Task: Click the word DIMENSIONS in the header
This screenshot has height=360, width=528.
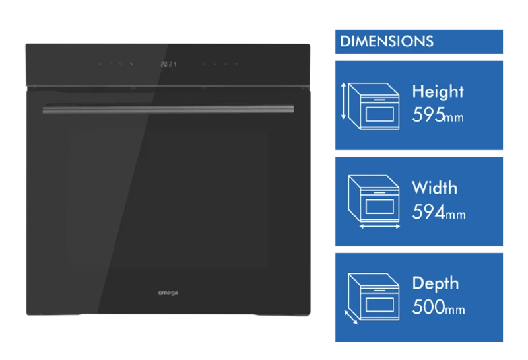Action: click(x=387, y=41)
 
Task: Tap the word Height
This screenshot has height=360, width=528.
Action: click(x=438, y=92)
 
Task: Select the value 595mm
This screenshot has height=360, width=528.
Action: click(x=438, y=115)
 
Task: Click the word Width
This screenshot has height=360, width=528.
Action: click(x=434, y=188)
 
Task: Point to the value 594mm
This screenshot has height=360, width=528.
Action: click(x=439, y=212)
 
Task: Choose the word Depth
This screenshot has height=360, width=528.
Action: click(x=436, y=284)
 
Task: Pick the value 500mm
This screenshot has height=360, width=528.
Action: click(x=438, y=306)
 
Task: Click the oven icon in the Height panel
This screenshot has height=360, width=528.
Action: click(x=374, y=106)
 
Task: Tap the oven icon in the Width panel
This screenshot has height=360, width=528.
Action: click(x=374, y=198)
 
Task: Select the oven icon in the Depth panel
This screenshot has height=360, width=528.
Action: click(x=374, y=297)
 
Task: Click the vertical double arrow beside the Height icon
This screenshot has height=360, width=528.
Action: click(x=343, y=101)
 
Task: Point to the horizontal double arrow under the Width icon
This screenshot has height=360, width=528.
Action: click(x=379, y=227)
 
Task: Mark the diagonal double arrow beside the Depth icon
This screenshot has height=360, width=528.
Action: click(x=351, y=318)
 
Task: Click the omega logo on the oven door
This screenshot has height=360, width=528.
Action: click(x=168, y=293)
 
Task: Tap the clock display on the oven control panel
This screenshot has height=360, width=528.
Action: click(x=168, y=64)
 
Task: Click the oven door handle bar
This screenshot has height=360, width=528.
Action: click(x=168, y=109)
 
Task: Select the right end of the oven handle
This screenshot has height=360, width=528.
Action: click(x=293, y=109)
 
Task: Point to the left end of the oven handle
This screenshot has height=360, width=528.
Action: click(x=44, y=110)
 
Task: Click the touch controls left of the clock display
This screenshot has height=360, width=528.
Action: click(x=115, y=64)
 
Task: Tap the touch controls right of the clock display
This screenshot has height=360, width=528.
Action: click(x=220, y=64)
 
